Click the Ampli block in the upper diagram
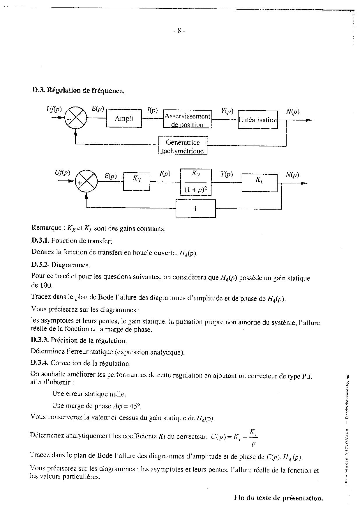coord(124,118)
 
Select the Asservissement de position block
coord(187,119)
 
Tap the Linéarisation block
coord(257,120)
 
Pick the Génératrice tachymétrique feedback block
coord(183,146)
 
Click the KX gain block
coord(137,182)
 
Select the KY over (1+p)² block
coord(196,182)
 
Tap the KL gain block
coord(259,183)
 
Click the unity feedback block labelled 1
coord(195,208)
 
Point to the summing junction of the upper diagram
coord(75,118)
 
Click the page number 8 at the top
coord(179,31)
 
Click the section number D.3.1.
coord(40,241)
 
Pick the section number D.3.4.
coord(40,363)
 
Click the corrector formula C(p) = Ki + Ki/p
coord(234,437)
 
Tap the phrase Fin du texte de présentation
coord(278,498)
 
